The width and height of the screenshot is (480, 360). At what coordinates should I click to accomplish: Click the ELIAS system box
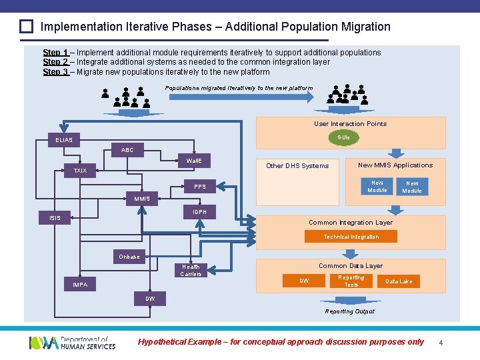click(x=65, y=140)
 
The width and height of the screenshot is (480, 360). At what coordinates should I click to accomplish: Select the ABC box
click(x=127, y=150)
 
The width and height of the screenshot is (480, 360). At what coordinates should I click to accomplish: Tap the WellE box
click(x=194, y=161)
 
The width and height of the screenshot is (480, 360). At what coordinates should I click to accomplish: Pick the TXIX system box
click(x=80, y=171)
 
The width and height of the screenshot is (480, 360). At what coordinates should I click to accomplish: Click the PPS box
click(x=200, y=187)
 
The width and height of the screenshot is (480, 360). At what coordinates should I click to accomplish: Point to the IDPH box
click(x=199, y=212)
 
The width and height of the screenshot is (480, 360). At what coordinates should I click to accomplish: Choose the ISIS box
click(x=55, y=218)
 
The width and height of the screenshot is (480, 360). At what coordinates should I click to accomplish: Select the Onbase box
click(x=129, y=257)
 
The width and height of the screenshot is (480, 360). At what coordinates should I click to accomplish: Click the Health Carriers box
click(x=191, y=270)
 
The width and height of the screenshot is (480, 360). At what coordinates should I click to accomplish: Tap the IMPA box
click(x=80, y=285)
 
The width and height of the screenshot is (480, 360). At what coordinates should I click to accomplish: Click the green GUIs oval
click(x=343, y=137)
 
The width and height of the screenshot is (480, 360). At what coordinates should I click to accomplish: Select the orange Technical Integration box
click(x=351, y=237)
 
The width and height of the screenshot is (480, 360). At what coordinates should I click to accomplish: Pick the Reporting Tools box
click(x=351, y=281)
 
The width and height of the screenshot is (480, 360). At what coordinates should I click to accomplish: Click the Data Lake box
click(x=399, y=281)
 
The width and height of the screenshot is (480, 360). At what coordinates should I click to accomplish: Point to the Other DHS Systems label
click(x=297, y=166)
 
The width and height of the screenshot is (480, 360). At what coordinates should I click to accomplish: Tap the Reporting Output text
click(x=349, y=311)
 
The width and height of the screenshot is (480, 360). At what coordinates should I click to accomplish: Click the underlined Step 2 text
click(x=55, y=62)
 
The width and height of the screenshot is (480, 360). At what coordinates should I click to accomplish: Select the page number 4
click(x=441, y=343)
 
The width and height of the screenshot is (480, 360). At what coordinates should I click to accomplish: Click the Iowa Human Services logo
click(x=72, y=343)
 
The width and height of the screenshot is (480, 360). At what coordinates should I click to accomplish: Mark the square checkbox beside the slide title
click(x=26, y=27)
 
